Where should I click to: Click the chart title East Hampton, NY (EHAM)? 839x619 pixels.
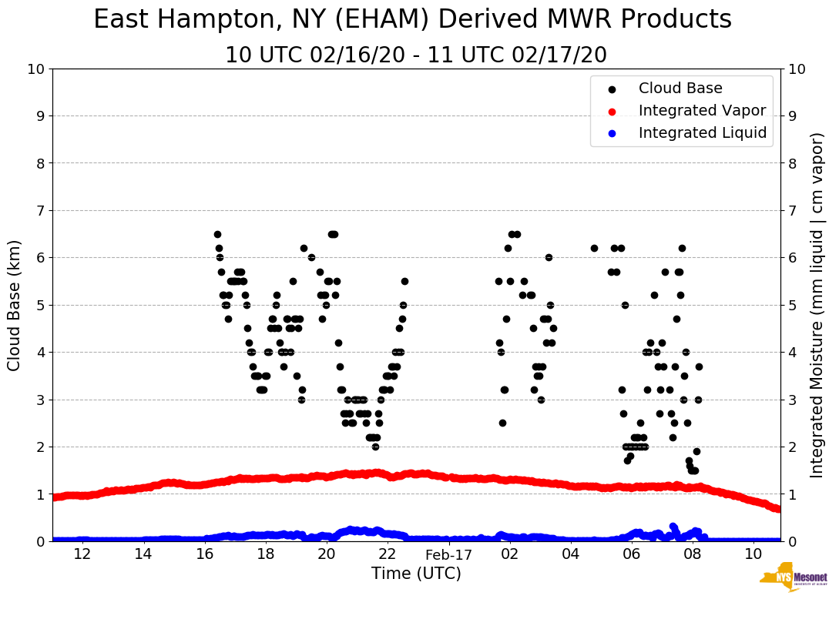pyautogui.click(x=412, y=20)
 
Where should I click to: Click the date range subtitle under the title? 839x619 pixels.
pyautogui.click(x=416, y=55)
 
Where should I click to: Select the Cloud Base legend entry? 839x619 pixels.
pyautogui.click(x=680, y=89)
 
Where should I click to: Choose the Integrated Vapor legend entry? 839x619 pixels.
pyautogui.click(x=702, y=111)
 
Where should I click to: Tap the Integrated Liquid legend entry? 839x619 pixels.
pyautogui.click(x=702, y=133)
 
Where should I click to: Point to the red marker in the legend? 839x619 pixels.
pyautogui.click(x=612, y=111)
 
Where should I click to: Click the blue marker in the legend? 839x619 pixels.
pyautogui.click(x=612, y=133)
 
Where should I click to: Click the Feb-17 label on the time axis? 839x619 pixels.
pyautogui.click(x=448, y=554)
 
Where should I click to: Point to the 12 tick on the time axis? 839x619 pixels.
pyautogui.click(x=82, y=554)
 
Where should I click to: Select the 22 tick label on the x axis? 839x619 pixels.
pyautogui.click(x=388, y=554)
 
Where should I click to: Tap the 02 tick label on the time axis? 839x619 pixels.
pyautogui.click(x=509, y=554)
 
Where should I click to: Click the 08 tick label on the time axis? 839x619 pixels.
pyautogui.click(x=693, y=554)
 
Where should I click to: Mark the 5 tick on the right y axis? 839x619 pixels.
pyautogui.click(x=792, y=305)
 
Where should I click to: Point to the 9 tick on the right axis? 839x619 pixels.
pyautogui.click(x=792, y=116)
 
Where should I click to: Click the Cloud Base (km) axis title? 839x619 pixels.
pyautogui.click(x=15, y=305)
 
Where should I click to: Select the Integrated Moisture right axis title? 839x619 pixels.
pyautogui.click(x=817, y=305)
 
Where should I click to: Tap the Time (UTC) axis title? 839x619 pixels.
pyautogui.click(x=416, y=574)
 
